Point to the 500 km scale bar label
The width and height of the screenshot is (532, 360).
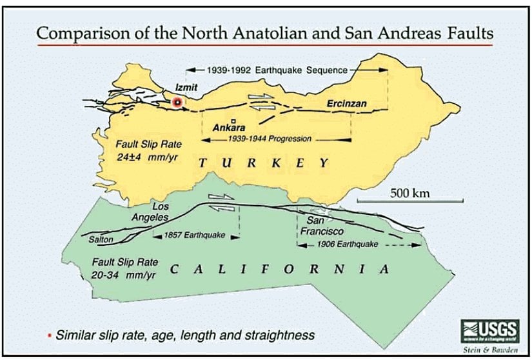[x=410, y=192]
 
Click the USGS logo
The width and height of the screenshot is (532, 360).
[x=482, y=331]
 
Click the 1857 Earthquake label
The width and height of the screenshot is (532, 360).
[x=195, y=235]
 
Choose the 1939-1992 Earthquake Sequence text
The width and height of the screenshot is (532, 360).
[x=278, y=70]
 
